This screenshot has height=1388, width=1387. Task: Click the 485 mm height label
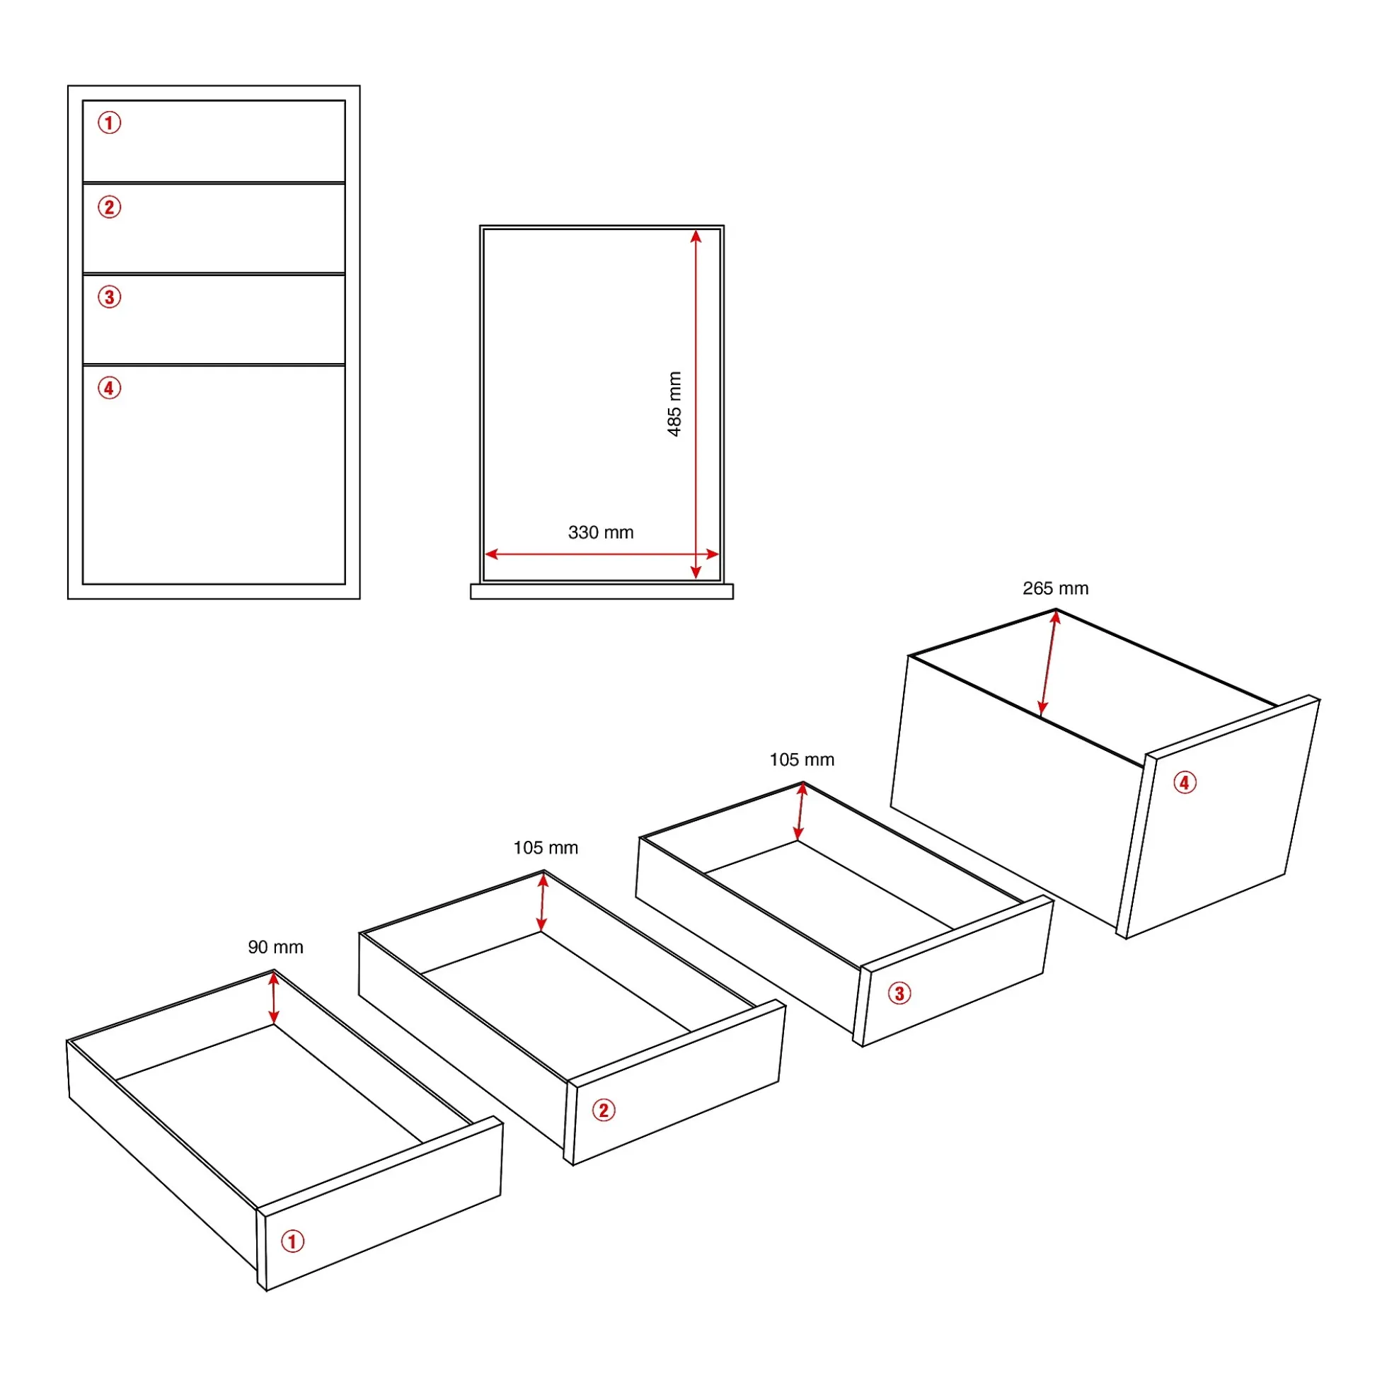click(x=674, y=403)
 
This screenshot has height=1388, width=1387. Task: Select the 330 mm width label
click(x=602, y=532)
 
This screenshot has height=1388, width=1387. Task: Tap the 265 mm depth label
click(x=1055, y=588)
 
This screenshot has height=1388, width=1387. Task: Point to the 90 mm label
click(x=276, y=947)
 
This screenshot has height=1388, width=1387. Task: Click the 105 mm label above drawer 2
click(x=545, y=848)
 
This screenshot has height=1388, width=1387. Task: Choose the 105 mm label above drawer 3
click(x=802, y=759)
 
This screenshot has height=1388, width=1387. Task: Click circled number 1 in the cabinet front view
click(x=109, y=123)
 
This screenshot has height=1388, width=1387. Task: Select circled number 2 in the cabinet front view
click(x=109, y=207)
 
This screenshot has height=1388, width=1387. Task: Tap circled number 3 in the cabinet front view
click(x=109, y=297)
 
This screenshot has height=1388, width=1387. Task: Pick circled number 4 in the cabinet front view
click(x=109, y=388)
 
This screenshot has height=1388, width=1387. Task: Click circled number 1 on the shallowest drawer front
click(x=292, y=1241)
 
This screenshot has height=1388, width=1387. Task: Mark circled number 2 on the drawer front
click(x=604, y=1111)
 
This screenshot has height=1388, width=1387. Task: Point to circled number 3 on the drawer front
click(x=899, y=994)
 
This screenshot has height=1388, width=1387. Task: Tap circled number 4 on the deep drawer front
click(x=1185, y=782)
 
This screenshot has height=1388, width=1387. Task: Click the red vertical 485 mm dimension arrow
click(x=696, y=404)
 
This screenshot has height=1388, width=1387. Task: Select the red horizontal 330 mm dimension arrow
click(x=602, y=554)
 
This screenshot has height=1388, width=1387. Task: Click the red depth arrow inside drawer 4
click(x=1049, y=663)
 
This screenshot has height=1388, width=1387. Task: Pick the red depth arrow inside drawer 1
click(x=274, y=998)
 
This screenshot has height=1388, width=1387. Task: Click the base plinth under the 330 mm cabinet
click(x=602, y=591)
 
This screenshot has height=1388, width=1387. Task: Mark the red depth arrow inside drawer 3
click(x=800, y=812)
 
